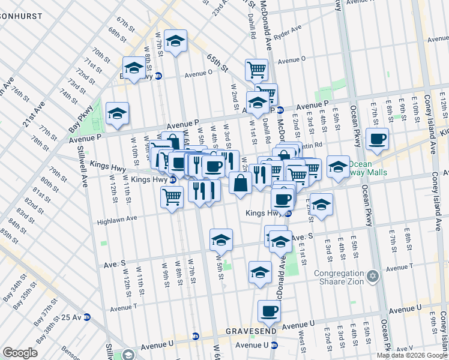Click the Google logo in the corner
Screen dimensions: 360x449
pos(20,353)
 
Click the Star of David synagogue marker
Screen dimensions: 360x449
pos(373,276)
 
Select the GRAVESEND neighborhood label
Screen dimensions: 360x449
pos(252,331)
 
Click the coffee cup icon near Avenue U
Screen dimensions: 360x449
pos(269,311)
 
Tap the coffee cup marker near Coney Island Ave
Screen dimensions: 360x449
pos(377,139)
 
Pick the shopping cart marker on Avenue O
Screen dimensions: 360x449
pos(256,69)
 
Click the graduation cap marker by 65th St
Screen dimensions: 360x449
pos(175,41)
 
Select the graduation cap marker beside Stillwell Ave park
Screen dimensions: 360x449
pos(117,113)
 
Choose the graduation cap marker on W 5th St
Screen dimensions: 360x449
pos(221,239)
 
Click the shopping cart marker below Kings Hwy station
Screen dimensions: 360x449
pos(172,196)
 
